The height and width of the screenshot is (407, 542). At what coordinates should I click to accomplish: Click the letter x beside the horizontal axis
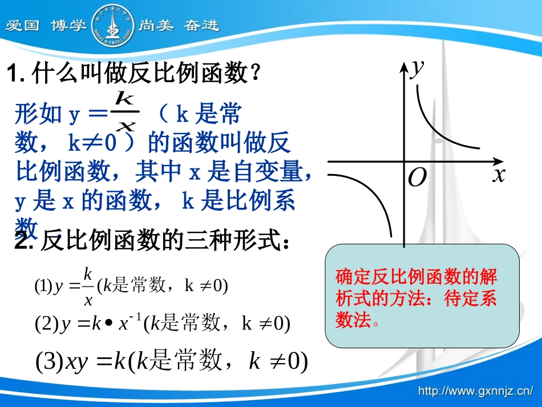(x=499, y=174)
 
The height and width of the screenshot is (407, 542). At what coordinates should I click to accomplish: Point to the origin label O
(x=418, y=179)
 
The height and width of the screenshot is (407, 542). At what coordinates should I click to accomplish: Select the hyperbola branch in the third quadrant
(x=371, y=200)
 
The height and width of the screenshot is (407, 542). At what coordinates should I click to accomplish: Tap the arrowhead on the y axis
(x=404, y=66)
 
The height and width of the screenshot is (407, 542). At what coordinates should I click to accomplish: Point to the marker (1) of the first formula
(x=43, y=285)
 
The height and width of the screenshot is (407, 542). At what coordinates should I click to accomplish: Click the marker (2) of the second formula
(x=47, y=324)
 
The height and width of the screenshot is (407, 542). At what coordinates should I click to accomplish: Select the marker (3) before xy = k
(x=50, y=361)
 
